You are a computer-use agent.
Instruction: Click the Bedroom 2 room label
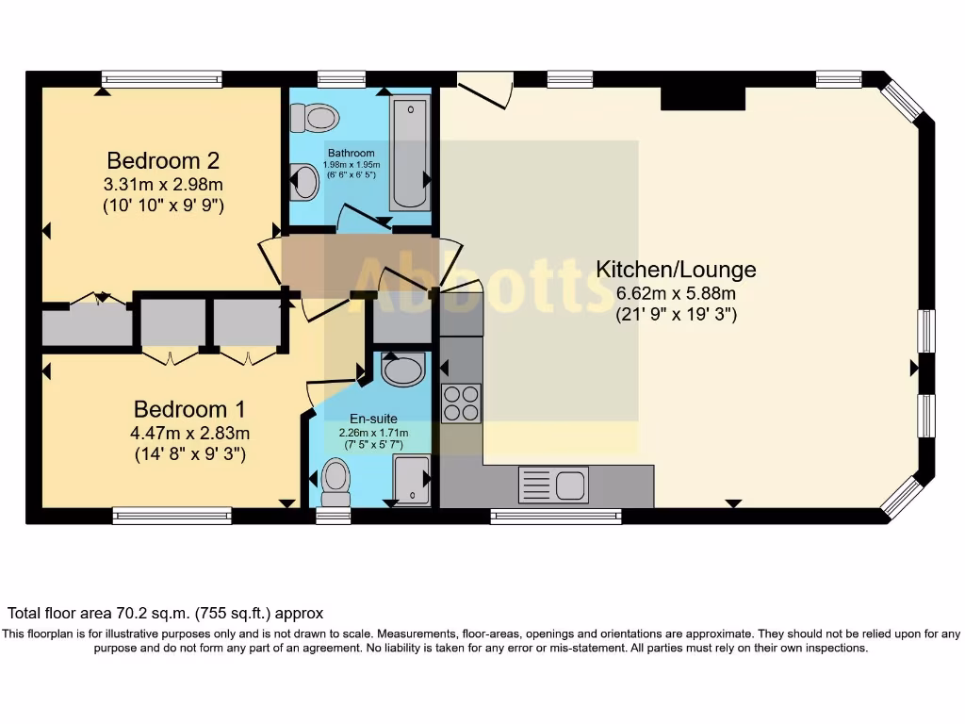(x=163, y=159)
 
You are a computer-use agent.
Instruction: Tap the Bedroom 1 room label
(x=189, y=409)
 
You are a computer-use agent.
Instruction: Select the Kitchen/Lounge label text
(x=676, y=270)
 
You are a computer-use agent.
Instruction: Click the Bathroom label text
(x=351, y=153)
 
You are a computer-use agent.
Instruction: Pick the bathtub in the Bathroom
(x=409, y=150)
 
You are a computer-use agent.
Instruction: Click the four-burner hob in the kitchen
(x=461, y=403)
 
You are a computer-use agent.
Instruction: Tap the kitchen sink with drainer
(x=553, y=485)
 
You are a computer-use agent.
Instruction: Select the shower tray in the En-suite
(x=411, y=480)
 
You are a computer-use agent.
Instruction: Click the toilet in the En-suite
(x=335, y=482)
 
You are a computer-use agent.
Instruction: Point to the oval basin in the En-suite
(x=403, y=370)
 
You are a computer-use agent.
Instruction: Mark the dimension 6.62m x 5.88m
(x=676, y=293)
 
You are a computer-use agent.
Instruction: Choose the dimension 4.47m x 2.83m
(x=189, y=433)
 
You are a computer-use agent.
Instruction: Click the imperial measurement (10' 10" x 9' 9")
(x=163, y=205)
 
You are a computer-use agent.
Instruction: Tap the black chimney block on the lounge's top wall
(x=703, y=98)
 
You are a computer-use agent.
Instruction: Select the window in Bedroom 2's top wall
(x=162, y=80)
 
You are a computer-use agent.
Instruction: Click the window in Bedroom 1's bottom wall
(x=172, y=515)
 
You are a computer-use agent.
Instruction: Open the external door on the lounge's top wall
(x=484, y=87)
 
